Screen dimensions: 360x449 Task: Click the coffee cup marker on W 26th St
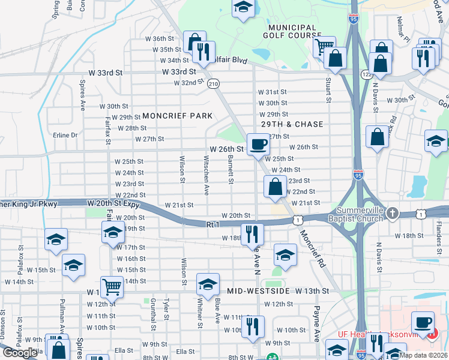tap(258, 144)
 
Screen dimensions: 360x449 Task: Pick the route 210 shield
tap(213, 85)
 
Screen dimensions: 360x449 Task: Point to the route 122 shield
tap(366, 74)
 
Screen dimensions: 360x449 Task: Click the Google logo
tap(20, 353)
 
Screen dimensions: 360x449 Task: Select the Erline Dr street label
tap(65, 135)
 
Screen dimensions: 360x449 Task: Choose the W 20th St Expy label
tap(116, 204)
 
